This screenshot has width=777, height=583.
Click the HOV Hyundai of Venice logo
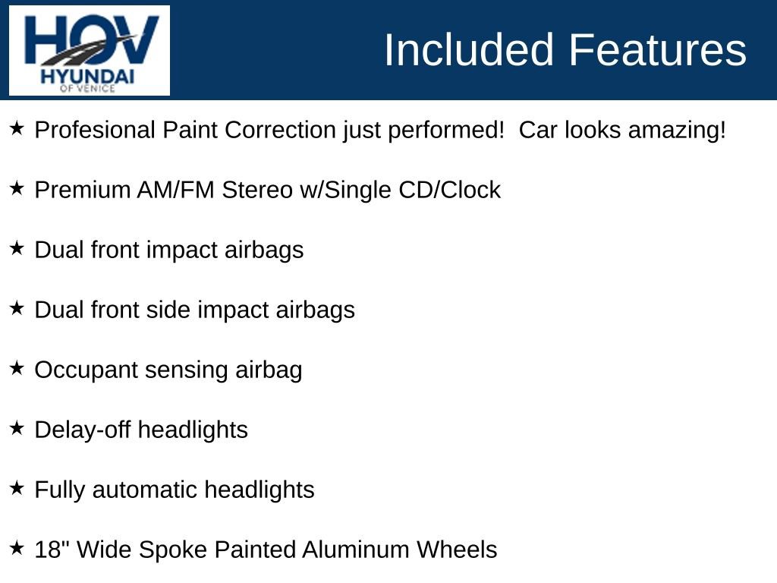(90, 50)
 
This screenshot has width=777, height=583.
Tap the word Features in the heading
(657, 50)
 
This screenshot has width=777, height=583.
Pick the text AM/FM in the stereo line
(175, 190)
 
